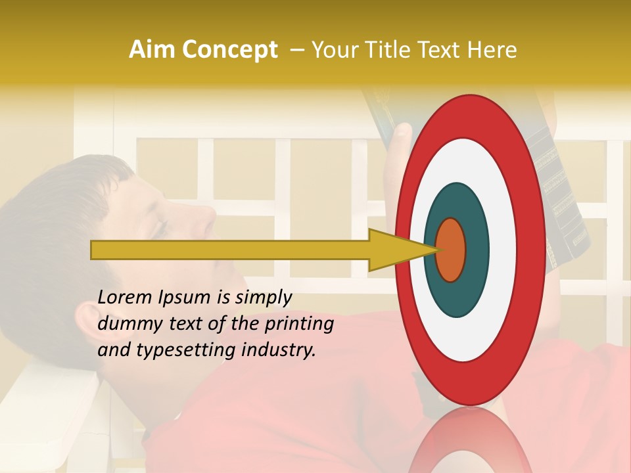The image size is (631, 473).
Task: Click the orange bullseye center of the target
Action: click(451, 250)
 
